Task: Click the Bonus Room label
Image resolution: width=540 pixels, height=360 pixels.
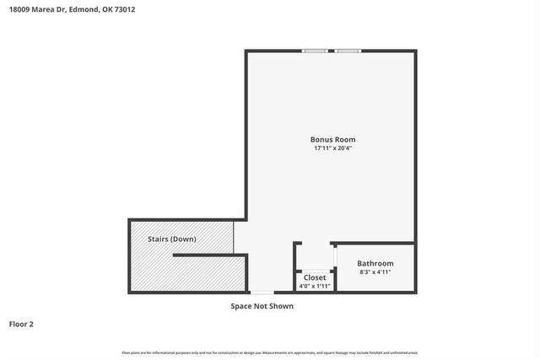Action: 332,139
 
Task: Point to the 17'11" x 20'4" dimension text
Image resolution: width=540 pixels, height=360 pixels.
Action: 332,148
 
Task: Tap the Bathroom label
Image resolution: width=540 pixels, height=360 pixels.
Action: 375,263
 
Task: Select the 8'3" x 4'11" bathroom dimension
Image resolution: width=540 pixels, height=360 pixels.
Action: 375,272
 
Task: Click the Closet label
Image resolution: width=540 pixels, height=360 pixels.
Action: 315,277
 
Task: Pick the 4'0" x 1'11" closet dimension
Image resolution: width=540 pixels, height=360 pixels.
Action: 315,286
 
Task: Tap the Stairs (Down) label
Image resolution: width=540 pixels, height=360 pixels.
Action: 171,239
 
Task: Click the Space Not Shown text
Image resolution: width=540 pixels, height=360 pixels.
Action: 262,306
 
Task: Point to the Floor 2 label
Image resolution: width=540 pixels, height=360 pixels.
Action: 21,324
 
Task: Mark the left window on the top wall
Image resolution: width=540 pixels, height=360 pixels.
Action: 316,51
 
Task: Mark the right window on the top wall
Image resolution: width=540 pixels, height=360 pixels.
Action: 347,51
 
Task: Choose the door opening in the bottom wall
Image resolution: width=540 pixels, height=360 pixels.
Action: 261,293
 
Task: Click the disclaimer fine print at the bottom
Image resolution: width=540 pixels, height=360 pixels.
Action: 270,352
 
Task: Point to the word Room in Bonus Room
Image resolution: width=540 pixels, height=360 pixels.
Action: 345,139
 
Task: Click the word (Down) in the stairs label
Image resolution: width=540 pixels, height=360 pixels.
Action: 183,239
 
